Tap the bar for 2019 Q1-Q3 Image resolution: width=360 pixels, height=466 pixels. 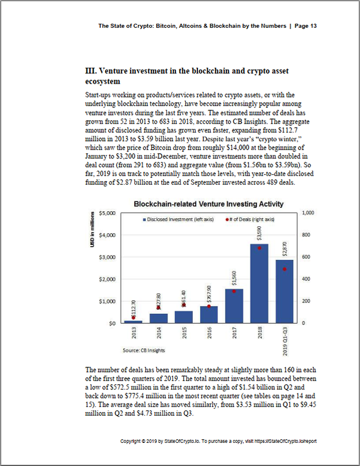(285, 291)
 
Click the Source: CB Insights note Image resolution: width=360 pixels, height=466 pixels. (143, 351)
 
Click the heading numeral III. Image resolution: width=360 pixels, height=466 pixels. (91, 71)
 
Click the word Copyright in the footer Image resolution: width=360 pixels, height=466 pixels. (132, 442)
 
